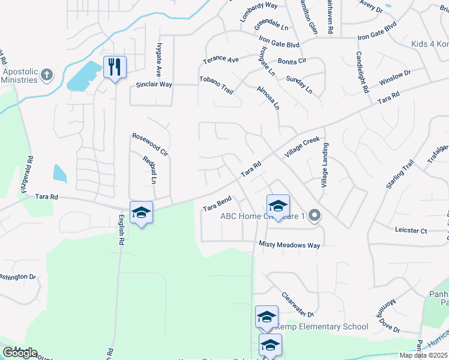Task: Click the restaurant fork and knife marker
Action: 115,66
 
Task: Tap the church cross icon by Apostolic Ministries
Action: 47,75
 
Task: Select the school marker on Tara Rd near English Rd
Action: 141,213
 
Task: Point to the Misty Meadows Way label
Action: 289,245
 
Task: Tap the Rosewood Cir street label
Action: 150,145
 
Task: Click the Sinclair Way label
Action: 154,85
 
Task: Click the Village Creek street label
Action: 303,147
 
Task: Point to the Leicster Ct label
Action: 411,230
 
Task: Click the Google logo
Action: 20,353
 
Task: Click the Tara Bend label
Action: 217,203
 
